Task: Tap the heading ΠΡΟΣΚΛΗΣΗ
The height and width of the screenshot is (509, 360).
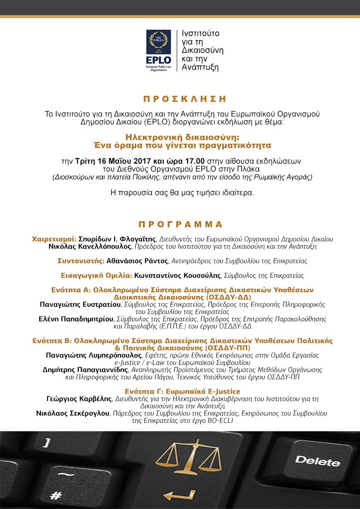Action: [180, 99]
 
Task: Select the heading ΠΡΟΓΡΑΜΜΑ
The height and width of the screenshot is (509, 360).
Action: [180, 225]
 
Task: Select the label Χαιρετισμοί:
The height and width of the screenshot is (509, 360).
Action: [54, 239]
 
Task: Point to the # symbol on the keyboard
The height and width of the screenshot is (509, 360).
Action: [56, 496]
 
